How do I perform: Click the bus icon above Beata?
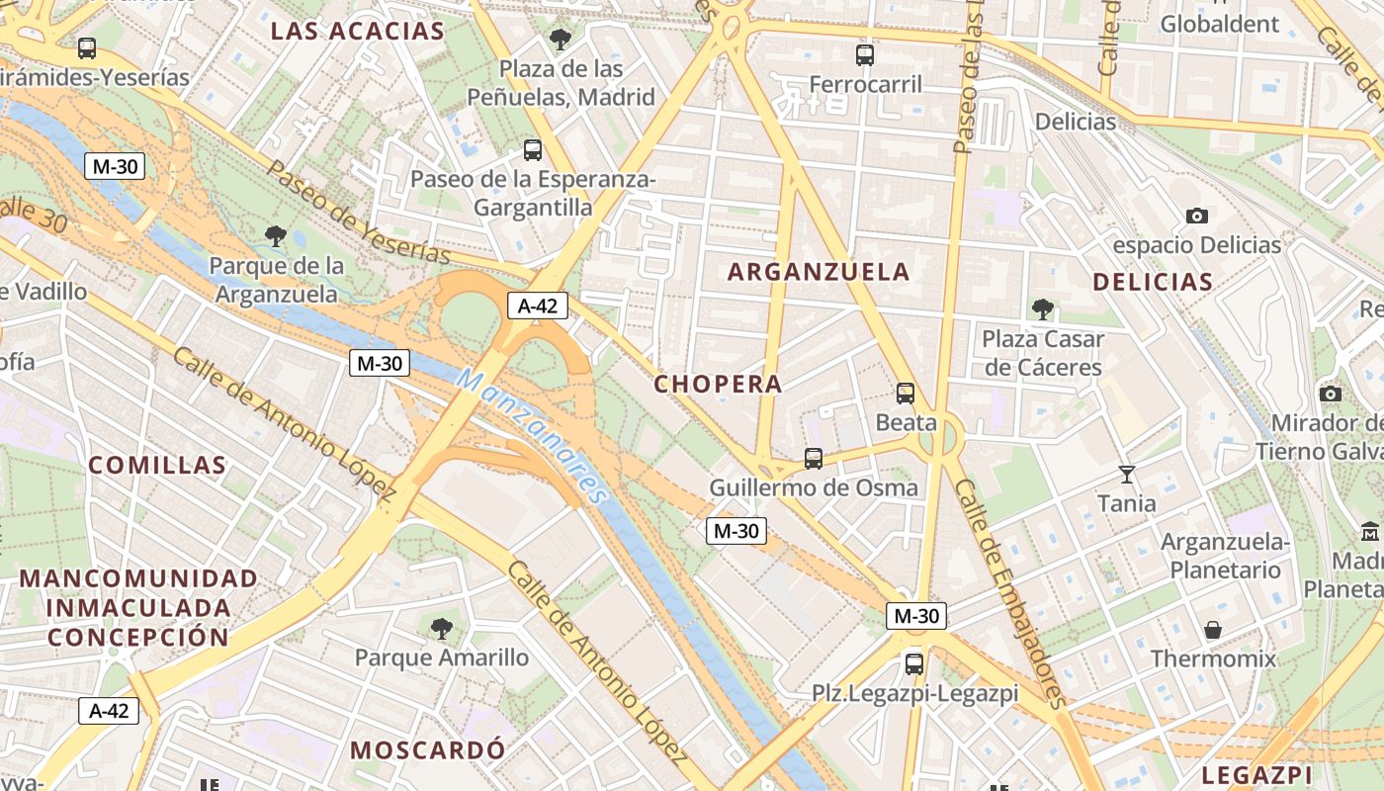906,394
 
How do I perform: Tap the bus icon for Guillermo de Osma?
814,459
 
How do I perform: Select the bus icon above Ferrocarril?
865,55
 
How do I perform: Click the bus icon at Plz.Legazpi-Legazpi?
914,664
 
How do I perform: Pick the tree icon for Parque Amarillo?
442,628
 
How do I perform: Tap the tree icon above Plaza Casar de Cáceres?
1042,309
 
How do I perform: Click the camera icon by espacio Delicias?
1196,216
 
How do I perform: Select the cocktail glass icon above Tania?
1126,475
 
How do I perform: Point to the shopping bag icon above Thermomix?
1212,630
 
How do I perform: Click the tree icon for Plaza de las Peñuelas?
561,41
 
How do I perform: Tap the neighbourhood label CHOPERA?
719,384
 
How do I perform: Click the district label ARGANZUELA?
819,272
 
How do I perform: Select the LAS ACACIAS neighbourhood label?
358,31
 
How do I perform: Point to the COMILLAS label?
157,465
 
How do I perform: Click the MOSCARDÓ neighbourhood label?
427,749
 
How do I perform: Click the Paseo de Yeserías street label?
358,212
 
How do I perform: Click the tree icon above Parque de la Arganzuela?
276,236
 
